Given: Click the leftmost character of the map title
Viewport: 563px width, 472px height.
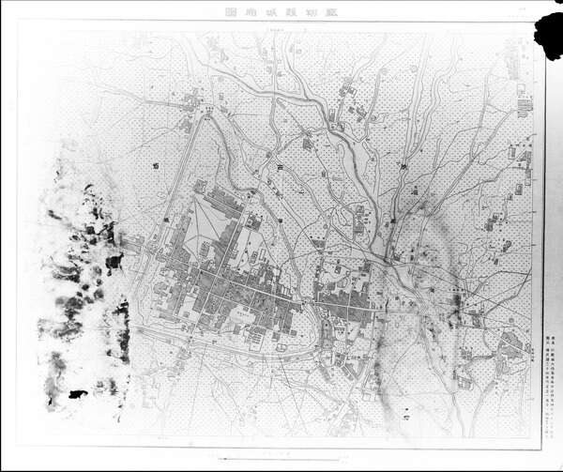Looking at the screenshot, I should tap(231, 13).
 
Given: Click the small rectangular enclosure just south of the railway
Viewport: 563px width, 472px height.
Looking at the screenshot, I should tap(281, 348).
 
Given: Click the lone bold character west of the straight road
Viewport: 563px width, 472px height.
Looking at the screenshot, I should tap(154, 165).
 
